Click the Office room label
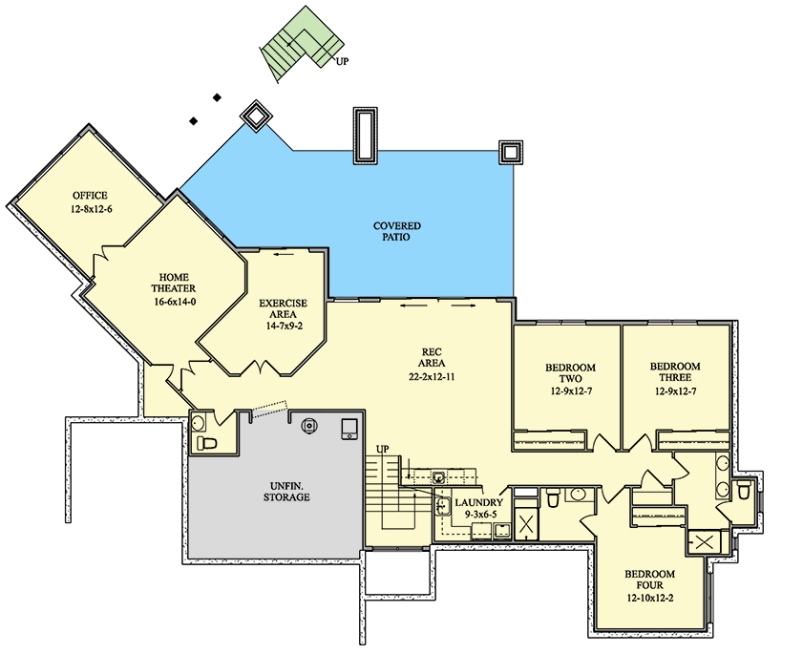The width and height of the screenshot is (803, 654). [90, 195]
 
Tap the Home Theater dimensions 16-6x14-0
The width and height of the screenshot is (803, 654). [175, 302]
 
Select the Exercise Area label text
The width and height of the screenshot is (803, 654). [284, 308]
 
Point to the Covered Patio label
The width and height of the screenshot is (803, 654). [397, 231]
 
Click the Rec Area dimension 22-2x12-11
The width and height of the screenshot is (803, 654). [432, 377]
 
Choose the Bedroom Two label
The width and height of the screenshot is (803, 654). [570, 373]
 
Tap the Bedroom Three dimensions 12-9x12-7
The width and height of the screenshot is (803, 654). [675, 391]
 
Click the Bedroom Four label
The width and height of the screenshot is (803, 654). [649, 580]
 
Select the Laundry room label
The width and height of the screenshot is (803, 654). [478, 503]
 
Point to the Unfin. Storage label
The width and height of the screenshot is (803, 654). [286, 492]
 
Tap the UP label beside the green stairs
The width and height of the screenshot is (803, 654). [342, 61]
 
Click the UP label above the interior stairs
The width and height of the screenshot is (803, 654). [383, 449]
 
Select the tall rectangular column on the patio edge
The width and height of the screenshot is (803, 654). [365, 136]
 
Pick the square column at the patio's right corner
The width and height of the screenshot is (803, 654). [511, 152]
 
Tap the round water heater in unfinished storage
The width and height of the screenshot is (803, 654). [309, 426]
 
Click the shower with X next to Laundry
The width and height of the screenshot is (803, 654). [526, 523]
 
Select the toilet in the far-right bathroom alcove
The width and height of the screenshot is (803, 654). [743, 491]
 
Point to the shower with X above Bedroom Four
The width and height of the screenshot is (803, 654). [704, 542]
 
